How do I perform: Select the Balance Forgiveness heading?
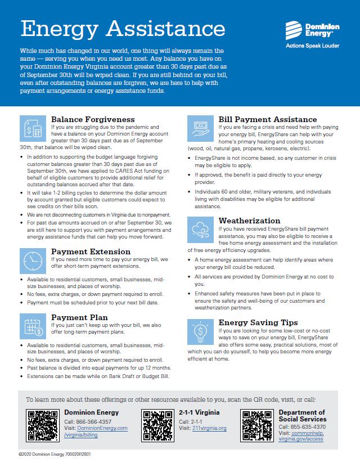[x=93, y=119]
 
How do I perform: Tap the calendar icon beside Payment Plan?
[x=33, y=327]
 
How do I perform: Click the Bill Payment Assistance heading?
[x=267, y=119]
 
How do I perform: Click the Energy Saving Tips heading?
[x=258, y=322]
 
